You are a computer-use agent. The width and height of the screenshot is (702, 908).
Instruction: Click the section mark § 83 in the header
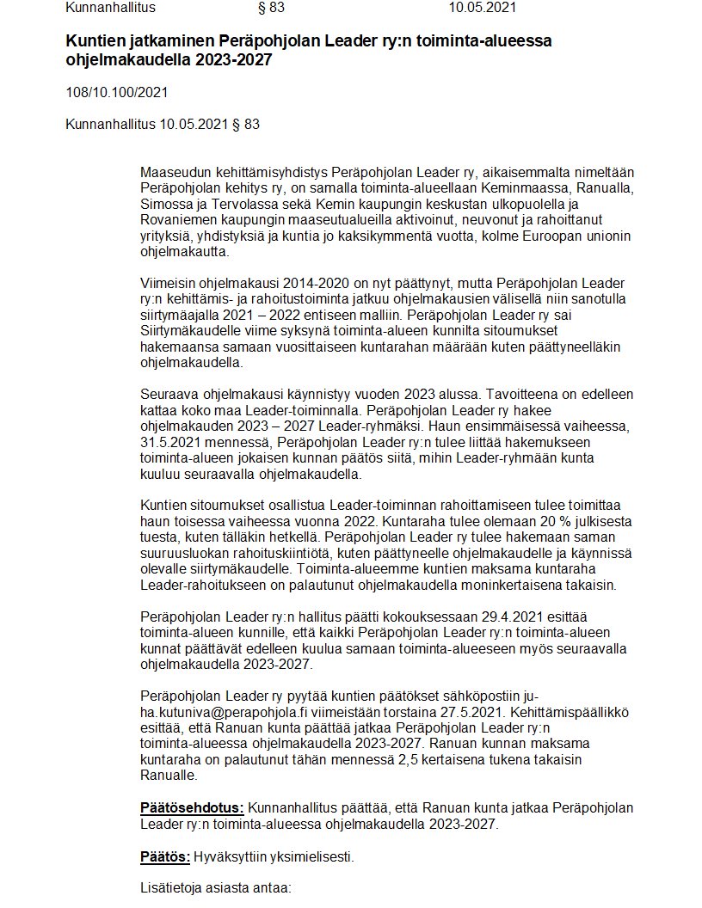point(271,9)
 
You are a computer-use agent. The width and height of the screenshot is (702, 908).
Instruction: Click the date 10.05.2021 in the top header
point(483,9)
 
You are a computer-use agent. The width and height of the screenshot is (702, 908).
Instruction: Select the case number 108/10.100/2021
point(116,92)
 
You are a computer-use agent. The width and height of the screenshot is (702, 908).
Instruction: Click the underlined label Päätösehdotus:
point(192,807)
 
